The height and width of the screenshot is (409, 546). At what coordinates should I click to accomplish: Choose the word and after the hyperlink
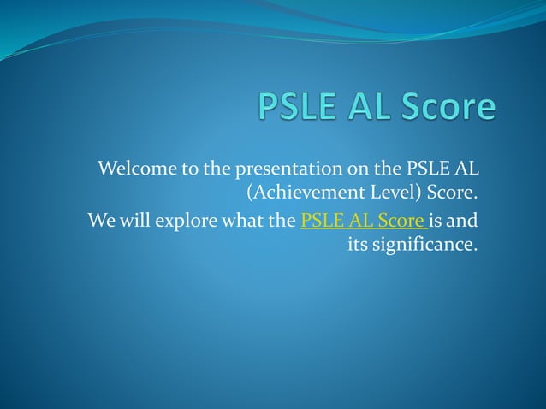(463, 221)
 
